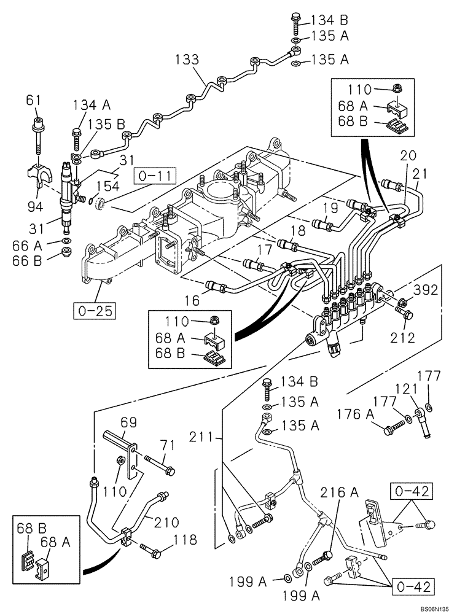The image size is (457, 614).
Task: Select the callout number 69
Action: [129, 423]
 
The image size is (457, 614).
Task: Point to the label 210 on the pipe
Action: [166, 523]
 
